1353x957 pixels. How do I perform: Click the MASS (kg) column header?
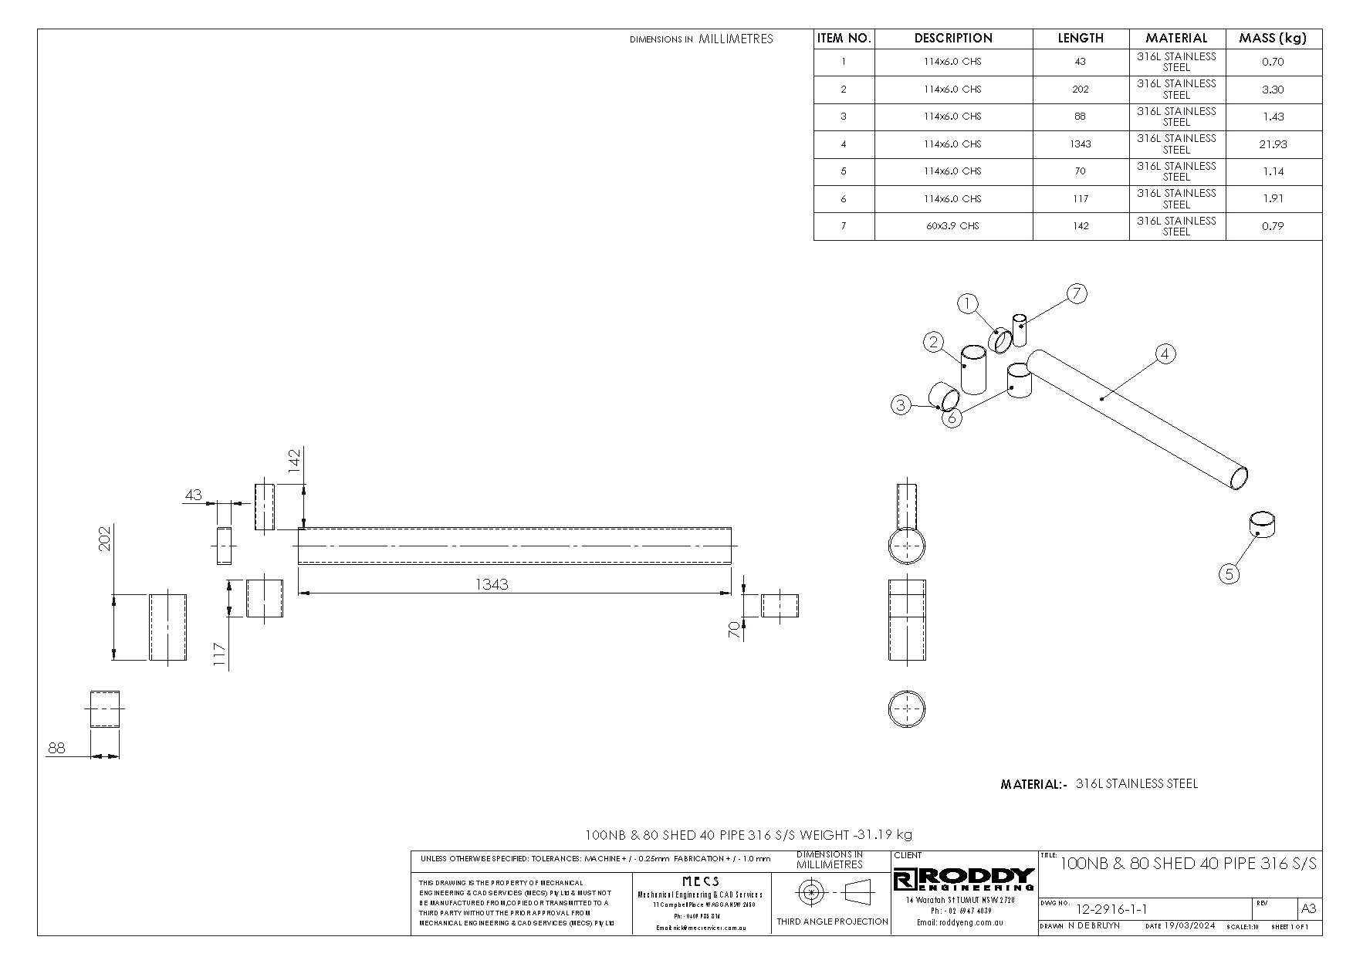[x=1273, y=38]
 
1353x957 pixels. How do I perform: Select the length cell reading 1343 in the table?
[x=1081, y=144]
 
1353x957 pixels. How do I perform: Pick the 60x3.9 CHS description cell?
[x=952, y=226]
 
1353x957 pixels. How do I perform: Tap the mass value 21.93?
[x=1273, y=144]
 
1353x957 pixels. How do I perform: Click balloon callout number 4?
[x=1165, y=354]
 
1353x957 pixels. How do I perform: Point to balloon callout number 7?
[x=1077, y=293]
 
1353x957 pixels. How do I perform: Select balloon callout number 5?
[x=1230, y=573]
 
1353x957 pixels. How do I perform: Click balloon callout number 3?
[x=901, y=404]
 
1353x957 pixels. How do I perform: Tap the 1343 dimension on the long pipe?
[x=492, y=584]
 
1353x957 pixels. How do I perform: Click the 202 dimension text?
[x=106, y=538]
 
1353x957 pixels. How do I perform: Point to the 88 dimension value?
[x=56, y=747]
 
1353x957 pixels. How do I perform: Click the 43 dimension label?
[x=193, y=494]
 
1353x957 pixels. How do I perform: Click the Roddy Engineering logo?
[x=964, y=878]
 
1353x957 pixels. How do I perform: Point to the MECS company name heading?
[x=701, y=881]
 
